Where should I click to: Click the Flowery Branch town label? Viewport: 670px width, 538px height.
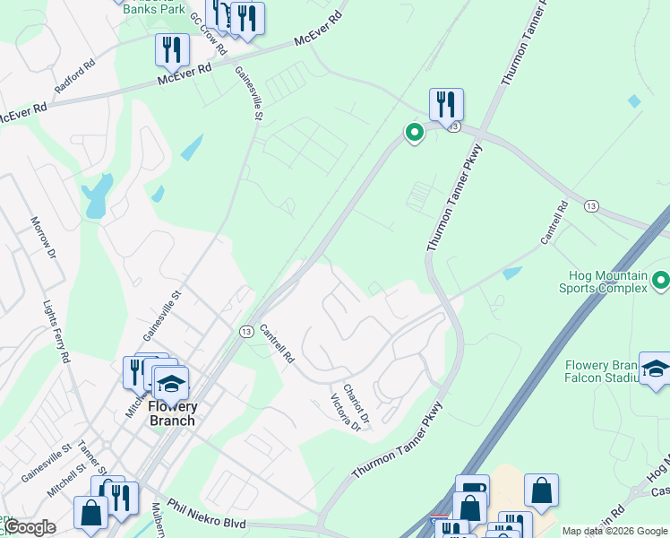172,413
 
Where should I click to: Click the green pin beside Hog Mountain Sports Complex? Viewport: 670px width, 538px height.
661,281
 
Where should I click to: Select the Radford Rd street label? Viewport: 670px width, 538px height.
74,79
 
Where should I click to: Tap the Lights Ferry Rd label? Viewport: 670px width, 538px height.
56,331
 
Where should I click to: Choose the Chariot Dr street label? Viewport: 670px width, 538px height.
356,404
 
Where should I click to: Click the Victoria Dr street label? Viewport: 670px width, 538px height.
345,412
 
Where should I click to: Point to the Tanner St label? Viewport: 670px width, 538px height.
90,458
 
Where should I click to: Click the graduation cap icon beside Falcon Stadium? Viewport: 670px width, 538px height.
655,369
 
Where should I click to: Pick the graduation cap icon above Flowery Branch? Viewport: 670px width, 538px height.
170,383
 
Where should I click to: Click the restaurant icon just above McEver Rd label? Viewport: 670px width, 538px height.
170,48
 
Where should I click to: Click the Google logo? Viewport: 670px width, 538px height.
30,527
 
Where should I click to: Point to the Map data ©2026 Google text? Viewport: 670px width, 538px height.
614,531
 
